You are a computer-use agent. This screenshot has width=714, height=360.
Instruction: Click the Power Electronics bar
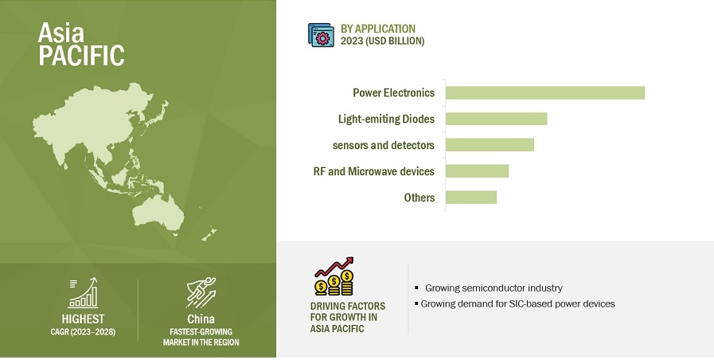pos(545,92)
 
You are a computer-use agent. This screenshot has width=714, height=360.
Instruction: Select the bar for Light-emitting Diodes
pos(497,119)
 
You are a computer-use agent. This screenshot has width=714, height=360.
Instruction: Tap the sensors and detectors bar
pos(490,145)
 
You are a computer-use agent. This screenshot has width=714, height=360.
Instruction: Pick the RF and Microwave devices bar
pos(478,171)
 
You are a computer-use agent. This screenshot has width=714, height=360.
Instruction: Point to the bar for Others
pos(471,198)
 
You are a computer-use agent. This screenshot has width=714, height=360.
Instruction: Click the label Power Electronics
pos(394,93)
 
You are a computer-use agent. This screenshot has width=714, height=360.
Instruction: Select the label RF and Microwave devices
pos(374,171)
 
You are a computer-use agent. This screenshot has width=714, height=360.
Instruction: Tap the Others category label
pos(419,198)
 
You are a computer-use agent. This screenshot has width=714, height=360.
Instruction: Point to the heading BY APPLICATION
pos(378,29)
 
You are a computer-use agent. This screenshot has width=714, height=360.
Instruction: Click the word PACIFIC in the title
pos(81,55)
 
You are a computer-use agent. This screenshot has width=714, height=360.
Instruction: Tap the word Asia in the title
pos(61,33)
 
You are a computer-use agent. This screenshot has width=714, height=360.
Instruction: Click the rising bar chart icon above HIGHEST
pos(83,293)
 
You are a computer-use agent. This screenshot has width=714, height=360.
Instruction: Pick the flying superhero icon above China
pos(201,292)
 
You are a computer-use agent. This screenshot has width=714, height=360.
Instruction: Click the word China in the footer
pos(201,319)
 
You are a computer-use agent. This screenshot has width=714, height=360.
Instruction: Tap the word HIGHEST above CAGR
pos(83,319)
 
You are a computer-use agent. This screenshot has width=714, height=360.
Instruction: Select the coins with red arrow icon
pos(334,276)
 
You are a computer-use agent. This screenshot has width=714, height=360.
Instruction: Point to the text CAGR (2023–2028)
pos(83,332)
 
